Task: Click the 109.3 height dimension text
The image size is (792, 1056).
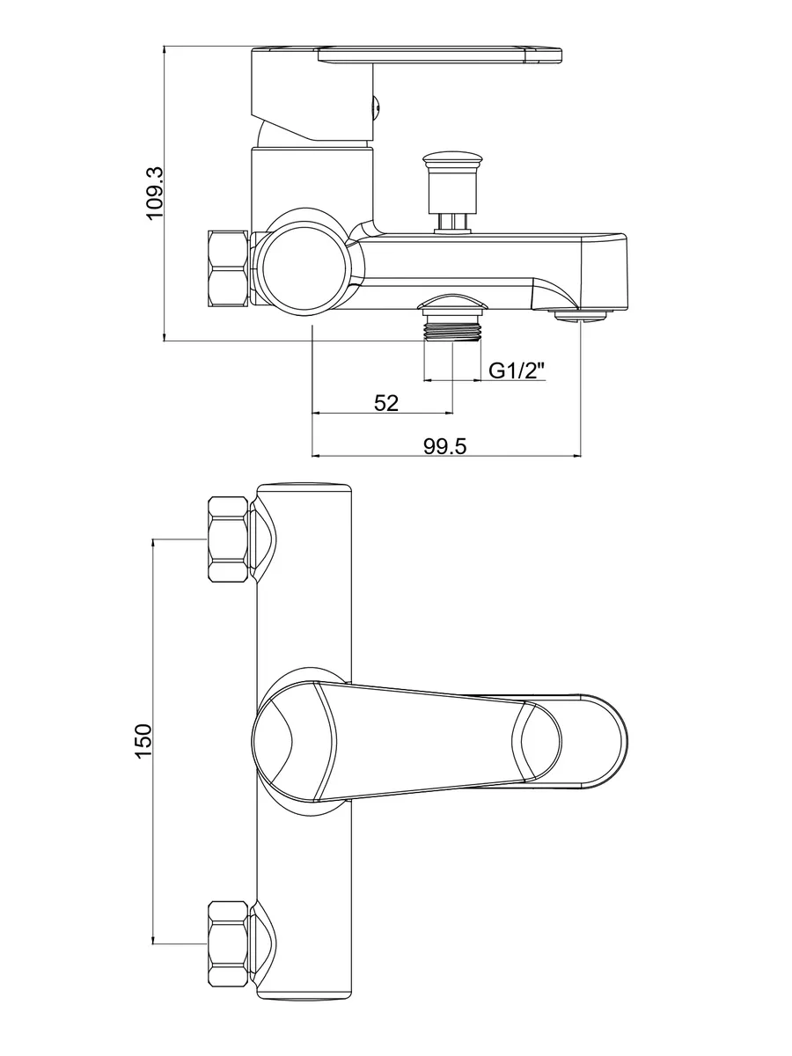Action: click(155, 193)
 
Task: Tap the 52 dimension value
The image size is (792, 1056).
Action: click(386, 403)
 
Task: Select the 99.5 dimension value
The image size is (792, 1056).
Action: click(444, 446)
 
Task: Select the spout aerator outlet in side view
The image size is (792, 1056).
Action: click(580, 313)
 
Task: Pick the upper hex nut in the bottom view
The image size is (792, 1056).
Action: click(227, 539)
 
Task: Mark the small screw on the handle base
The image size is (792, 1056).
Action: click(376, 106)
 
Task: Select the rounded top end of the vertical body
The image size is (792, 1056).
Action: click(304, 490)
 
